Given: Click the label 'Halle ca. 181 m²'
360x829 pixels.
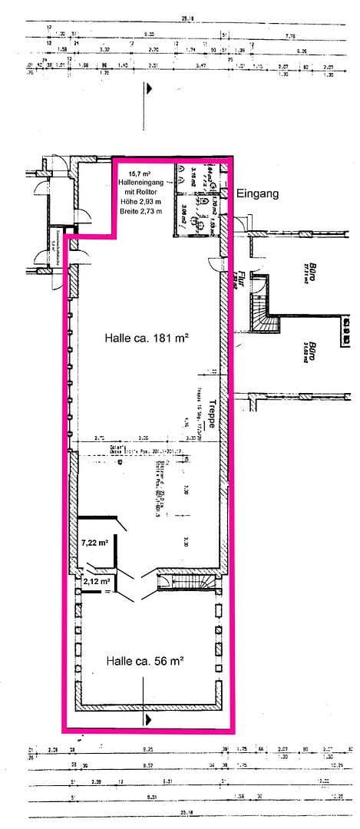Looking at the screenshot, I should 147,337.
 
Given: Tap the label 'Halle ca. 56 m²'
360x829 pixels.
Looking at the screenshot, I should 144,660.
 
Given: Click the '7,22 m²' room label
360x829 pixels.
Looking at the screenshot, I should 94,543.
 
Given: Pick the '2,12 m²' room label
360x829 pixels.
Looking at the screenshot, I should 96,581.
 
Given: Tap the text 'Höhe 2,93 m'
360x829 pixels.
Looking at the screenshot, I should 140,202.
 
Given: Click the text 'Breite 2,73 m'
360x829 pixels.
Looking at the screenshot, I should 140,211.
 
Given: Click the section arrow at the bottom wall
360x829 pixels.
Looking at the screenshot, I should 146,719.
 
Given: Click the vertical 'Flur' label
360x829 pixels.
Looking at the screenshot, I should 241,277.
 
